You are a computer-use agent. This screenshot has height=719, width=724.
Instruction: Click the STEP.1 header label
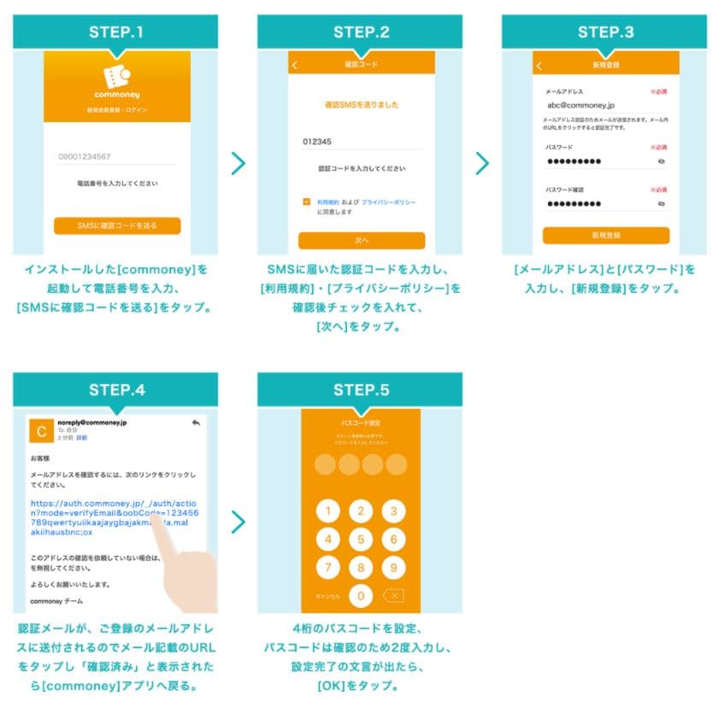(x=116, y=32)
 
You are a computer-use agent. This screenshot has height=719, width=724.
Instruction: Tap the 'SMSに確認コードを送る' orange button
(x=117, y=225)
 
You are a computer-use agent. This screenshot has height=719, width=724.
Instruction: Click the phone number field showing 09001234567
(x=116, y=157)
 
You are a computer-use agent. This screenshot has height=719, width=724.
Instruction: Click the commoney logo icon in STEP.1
(x=116, y=73)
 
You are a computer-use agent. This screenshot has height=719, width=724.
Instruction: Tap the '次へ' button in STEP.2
(x=362, y=240)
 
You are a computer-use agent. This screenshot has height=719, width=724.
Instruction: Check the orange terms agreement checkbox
(x=306, y=202)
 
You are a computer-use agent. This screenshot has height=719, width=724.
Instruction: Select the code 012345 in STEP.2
(x=317, y=142)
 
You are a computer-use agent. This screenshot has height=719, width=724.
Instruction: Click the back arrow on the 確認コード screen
(x=296, y=65)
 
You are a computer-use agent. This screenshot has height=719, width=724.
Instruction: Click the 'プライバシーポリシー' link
(x=389, y=202)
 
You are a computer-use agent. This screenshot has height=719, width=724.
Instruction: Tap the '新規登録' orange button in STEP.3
(x=605, y=235)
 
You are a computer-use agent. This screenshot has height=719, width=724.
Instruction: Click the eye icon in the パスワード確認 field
(x=661, y=204)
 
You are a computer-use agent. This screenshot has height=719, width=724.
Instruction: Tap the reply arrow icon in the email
(x=196, y=423)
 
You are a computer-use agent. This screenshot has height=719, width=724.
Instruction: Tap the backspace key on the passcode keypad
(x=392, y=595)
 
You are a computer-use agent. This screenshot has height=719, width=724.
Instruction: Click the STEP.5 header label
(x=362, y=390)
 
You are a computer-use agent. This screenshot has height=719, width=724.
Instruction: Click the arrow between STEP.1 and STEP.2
(x=238, y=163)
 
